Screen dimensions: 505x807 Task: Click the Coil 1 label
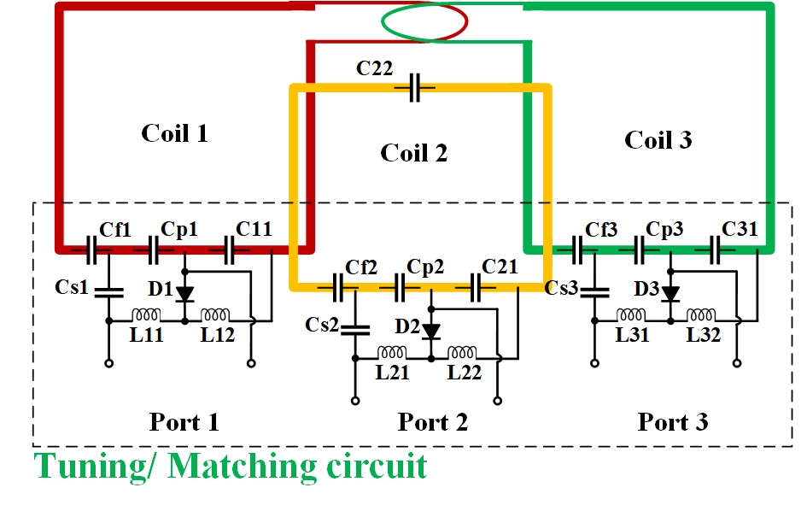(x=175, y=133)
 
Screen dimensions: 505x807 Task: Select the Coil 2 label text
(x=414, y=153)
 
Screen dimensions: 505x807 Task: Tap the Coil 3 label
(x=658, y=140)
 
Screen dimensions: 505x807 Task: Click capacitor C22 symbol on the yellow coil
(x=415, y=88)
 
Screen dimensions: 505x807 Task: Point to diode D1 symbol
(x=184, y=294)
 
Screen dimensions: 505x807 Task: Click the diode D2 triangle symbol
(x=431, y=331)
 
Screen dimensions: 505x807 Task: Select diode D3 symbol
(x=671, y=293)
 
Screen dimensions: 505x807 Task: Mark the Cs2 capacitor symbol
(x=354, y=327)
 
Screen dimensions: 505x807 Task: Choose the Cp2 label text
(x=425, y=267)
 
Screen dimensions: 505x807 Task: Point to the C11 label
(x=254, y=228)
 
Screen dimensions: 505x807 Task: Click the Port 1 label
(x=184, y=421)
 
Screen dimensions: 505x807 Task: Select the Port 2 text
(x=433, y=421)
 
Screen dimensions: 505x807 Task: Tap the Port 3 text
(x=673, y=421)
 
